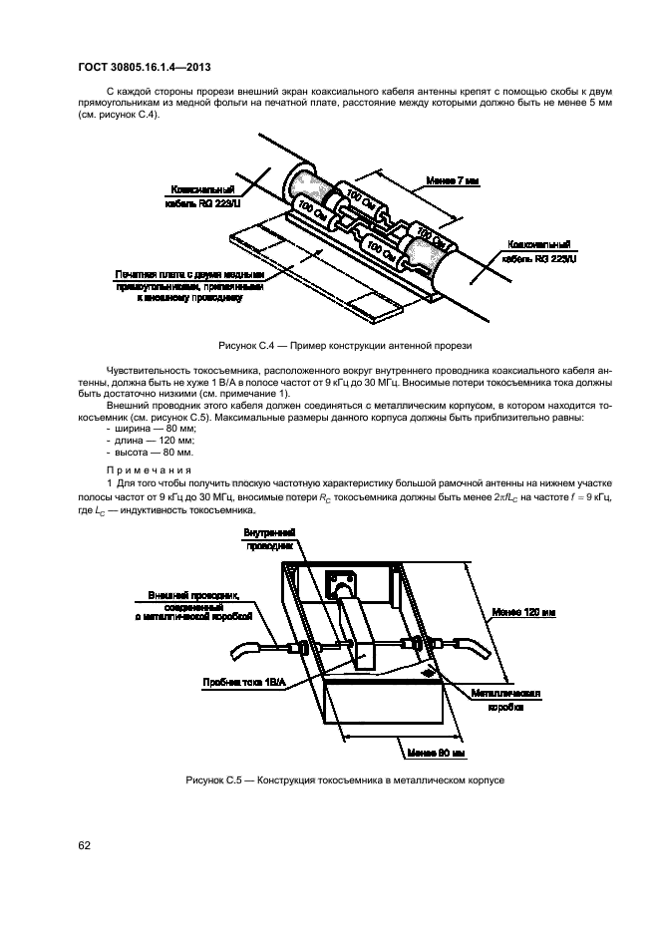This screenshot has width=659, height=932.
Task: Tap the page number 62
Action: [84, 845]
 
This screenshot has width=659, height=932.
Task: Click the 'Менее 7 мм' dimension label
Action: [452, 181]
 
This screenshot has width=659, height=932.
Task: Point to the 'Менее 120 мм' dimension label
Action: [514, 611]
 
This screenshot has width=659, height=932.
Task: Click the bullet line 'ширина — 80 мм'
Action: [153, 427]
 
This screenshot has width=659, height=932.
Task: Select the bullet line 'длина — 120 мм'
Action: [151, 439]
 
